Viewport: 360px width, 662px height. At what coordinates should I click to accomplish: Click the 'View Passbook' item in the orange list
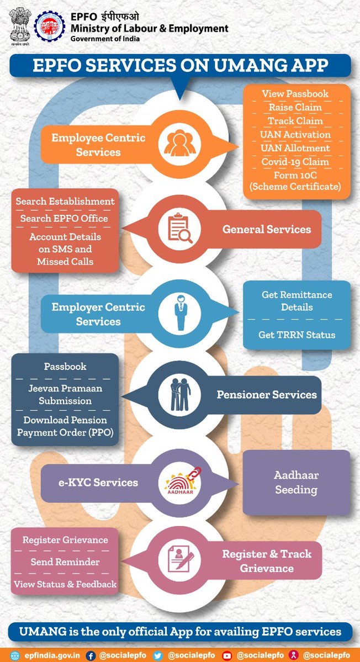point(295,94)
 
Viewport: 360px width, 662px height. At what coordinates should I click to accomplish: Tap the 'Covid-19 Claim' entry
point(295,162)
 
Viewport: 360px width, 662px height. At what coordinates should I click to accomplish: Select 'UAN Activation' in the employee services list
point(295,135)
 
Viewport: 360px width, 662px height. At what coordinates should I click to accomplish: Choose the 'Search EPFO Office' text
point(65,219)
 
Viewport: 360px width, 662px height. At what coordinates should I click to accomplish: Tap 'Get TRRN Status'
point(297,335)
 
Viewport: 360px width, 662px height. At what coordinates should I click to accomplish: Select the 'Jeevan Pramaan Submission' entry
point(65,394)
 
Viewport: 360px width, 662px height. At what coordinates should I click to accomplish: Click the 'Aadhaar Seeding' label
point(297,482)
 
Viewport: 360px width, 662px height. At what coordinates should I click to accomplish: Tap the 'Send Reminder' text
point(65,562)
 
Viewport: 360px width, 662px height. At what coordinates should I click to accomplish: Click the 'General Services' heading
point(267,229)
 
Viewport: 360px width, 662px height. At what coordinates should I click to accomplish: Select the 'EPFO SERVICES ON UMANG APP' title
point(180,66)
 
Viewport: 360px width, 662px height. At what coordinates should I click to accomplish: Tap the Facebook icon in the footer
point(91,655)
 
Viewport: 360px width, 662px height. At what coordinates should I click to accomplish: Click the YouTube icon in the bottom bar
point(226,655)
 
